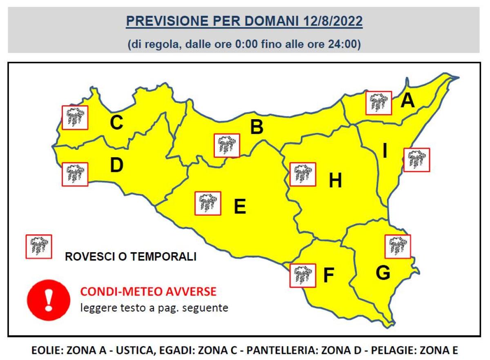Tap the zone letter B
click(256, 127)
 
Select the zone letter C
click(116, 123)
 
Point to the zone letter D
click(116, 165)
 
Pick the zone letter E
click(240, 207)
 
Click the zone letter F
click(328, 276)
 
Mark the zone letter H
click(335, 181)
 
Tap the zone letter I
click(385, 151)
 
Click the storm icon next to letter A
click(379, 103)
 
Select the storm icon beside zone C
click(75, 118)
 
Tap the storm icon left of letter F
click(302, 276)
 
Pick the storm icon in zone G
click(398, 247)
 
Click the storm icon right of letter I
click(416, 160)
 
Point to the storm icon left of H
click(303, 174)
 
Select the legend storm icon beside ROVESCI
click(39, 247)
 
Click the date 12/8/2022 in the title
click(333, 22)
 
